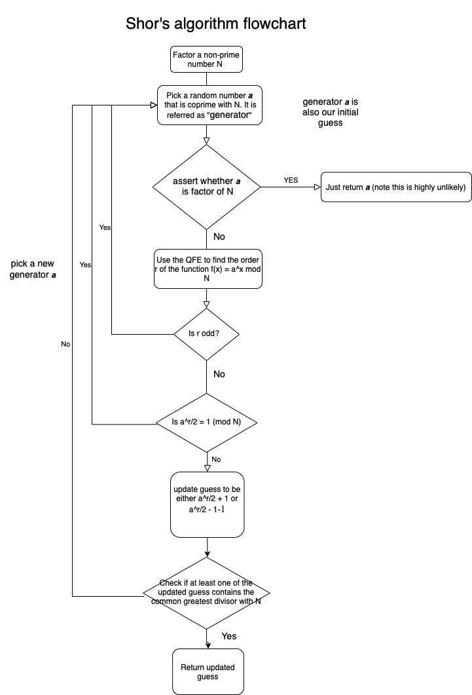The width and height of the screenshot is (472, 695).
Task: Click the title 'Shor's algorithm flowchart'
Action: click(x=215, y=24)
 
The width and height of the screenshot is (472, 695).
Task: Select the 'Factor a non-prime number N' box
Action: click(x=206, y=60)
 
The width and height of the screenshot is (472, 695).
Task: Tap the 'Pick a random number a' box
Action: click(x=210, y=105)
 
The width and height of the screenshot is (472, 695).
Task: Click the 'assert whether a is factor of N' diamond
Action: click(x=207, y=187)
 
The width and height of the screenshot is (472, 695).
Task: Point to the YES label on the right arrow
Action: click(x=291, y=180)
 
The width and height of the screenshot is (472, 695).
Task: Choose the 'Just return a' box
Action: click(x=396, y=187)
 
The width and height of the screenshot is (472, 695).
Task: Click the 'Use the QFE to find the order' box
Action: click(x=208, y=269)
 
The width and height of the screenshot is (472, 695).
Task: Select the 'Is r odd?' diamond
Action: click(x=206, y=334)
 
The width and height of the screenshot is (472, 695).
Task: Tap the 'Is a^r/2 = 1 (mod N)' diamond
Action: click(x=207, y=423)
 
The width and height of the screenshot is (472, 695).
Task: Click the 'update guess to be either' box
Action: click(x=208, y=504)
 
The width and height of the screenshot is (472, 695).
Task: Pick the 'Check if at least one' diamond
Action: click(x=206, y=593)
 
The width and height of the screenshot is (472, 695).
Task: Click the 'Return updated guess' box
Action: click(x=208, y=672)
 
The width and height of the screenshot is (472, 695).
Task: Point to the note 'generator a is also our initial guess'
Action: click(x=331, y=112)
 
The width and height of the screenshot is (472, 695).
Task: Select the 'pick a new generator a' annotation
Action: click(x=33, y=269)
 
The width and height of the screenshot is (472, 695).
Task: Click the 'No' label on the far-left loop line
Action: click(x=65, y=345)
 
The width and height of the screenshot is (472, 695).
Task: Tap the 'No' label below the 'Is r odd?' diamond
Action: click(x=219, y=375)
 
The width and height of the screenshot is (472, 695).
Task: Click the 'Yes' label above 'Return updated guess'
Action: click(x=229, y=637)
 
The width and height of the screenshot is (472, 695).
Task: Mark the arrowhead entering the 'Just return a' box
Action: click(x=318, y=187)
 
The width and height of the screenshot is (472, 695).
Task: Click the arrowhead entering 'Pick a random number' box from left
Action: click(x=154, y=105)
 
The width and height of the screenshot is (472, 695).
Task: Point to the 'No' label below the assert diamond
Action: click(x=219, y=236)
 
